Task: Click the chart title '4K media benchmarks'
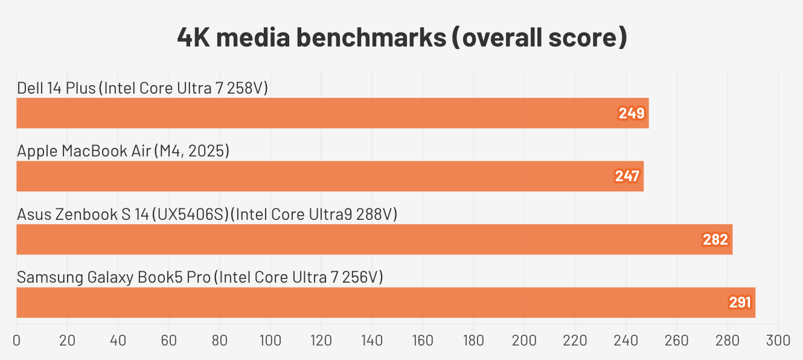[401, 37]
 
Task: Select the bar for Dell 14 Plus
[332, 113]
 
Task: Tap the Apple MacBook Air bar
[330, 176]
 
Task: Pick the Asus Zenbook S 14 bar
[374, 239]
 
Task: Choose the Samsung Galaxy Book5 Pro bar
[386, 303]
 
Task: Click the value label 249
[632, 113]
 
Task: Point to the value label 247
[627, 176]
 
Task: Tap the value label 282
[715, 240]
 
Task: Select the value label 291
[739, 303]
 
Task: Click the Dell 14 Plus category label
[142, 88]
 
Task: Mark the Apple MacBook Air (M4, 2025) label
[123, 151]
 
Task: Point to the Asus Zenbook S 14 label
[207, 214]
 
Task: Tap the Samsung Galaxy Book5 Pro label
[200, 277]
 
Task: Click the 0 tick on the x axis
[16, 341]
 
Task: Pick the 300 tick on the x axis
[778, 341]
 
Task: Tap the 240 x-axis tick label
[625, 341]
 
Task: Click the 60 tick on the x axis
[168, 341]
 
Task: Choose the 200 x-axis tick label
[524, 341]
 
